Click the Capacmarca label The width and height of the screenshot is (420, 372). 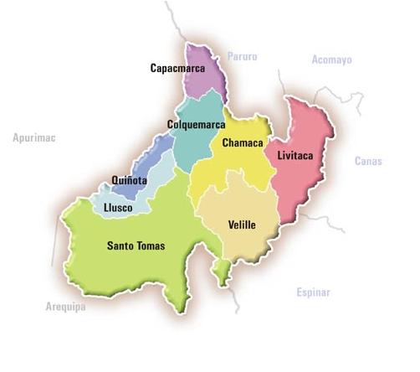tap(177, 67)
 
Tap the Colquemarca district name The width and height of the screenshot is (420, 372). tap(196, 125)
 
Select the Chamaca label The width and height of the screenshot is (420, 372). tap(243, 143)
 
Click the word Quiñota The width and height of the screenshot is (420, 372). tap(130, 179)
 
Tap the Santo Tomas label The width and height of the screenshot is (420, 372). tap(136, 245)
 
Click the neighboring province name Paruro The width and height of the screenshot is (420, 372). tap(242, 57)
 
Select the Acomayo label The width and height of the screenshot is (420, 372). tap(332, 59)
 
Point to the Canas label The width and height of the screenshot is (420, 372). tap(367, 161)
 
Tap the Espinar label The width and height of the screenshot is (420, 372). tap(314, 292)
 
